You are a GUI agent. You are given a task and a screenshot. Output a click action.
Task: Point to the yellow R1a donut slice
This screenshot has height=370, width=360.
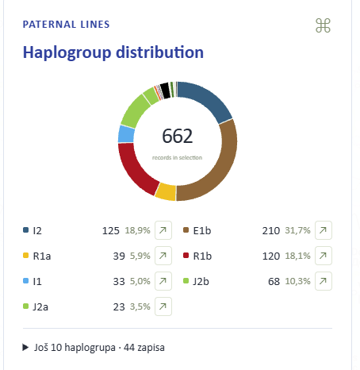tap(166, 192)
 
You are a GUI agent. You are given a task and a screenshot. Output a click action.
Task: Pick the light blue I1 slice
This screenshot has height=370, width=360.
tap(126, 134)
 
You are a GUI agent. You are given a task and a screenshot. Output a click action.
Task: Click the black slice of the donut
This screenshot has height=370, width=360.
tap(165, 91)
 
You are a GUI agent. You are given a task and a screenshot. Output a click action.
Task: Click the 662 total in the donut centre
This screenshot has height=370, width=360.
tap(178, 136)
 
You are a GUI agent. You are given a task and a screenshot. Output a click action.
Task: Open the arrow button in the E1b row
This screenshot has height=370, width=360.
tap(324, 230)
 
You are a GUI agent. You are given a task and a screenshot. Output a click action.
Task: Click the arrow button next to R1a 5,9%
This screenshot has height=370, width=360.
tap(163, 256)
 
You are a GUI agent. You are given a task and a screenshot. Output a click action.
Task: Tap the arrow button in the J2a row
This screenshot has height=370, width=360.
tap(163, 306)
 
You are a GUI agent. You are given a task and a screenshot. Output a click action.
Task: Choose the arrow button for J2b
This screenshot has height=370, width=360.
tap(324, 281)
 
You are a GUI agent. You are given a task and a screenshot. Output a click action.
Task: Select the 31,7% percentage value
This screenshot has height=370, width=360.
tap(297, 230)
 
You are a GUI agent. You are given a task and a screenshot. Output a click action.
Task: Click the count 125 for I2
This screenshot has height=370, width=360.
tap(111, 231)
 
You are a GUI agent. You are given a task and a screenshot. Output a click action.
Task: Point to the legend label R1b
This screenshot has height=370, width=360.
tap(202, 256)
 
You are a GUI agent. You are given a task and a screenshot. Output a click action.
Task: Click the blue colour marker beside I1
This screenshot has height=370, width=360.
tap(25, 280)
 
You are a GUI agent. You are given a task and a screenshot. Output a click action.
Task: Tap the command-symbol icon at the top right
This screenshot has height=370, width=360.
tap(323, 25)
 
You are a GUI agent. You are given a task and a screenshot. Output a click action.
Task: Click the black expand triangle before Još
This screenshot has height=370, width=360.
tap(25, 347)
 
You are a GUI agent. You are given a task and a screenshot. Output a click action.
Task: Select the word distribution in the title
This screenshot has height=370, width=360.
tap(160, 52)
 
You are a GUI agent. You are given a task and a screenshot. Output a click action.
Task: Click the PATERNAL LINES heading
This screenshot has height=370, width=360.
tap(66, 25)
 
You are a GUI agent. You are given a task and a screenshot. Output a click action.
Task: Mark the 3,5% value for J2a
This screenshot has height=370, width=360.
tap(140, 306)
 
